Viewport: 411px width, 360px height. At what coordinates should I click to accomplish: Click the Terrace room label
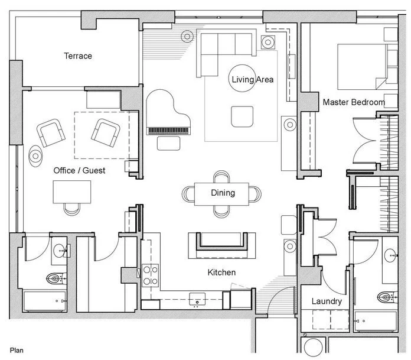pos(78,56)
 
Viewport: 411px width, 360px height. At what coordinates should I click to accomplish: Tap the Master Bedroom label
pos(354,102)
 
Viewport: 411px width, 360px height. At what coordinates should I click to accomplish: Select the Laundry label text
pos(327,301)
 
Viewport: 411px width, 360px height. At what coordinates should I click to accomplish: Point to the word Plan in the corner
pos(17,351)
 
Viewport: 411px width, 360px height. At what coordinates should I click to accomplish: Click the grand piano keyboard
pos(168,131)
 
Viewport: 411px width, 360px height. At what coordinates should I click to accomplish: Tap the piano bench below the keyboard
pos(168,144)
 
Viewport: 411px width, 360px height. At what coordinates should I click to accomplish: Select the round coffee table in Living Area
pos(242,78)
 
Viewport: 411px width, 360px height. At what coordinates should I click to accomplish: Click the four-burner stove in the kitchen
pos(151,275)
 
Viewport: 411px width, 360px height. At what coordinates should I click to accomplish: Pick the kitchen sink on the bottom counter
pos(197,299)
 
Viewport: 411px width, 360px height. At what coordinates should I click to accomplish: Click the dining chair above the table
pos(221,176)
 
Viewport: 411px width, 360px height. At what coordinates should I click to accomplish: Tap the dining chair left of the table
pos(188,194)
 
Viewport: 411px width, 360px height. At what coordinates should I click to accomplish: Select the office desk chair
pos(72,209)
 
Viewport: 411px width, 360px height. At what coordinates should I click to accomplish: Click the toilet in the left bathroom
pos(56,278)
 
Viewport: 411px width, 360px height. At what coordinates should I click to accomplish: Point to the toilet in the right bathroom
pos(387,297)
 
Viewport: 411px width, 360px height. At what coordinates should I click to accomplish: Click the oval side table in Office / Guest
pos(35,156)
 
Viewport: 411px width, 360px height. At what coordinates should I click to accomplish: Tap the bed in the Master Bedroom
pos(367,67)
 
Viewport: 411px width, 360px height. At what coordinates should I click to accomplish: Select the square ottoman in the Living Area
pos(242,116)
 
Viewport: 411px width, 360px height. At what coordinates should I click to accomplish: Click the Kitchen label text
pos(221,273)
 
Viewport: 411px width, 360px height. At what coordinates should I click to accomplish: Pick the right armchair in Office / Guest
pos(105,133)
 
